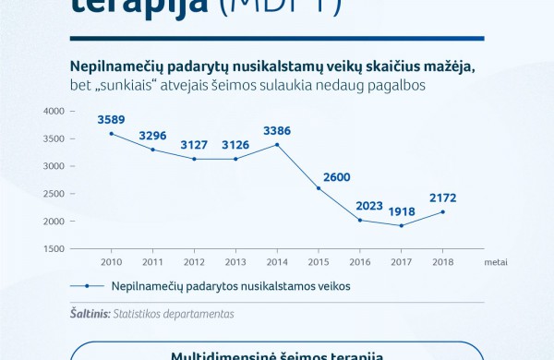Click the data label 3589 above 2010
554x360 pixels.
(x=111, y=119)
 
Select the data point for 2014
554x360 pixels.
(x=277, y=144)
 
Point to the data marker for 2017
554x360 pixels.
(x=401, y=225)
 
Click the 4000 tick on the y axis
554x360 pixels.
(x=54, y=111)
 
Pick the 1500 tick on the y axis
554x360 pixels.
(x=54, y=249)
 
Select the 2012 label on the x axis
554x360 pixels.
(x=194, y=262)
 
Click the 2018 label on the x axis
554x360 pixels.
(x=442, y=262)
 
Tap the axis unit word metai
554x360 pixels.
(x=495, y=262)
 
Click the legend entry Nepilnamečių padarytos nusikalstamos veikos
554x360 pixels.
(x=231, y=286)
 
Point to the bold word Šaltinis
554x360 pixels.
(x=90, y=314)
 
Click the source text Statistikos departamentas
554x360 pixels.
(x=173, y=314)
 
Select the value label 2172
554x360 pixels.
(x=442, y=198)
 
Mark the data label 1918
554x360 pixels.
(x=401, y=211)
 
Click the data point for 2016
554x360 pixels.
(x=359, y=220)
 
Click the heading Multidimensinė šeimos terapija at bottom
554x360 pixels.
(x=277, y=355)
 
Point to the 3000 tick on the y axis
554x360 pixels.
(x=54, y=166)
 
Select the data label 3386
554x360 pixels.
(x=277, y=130)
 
